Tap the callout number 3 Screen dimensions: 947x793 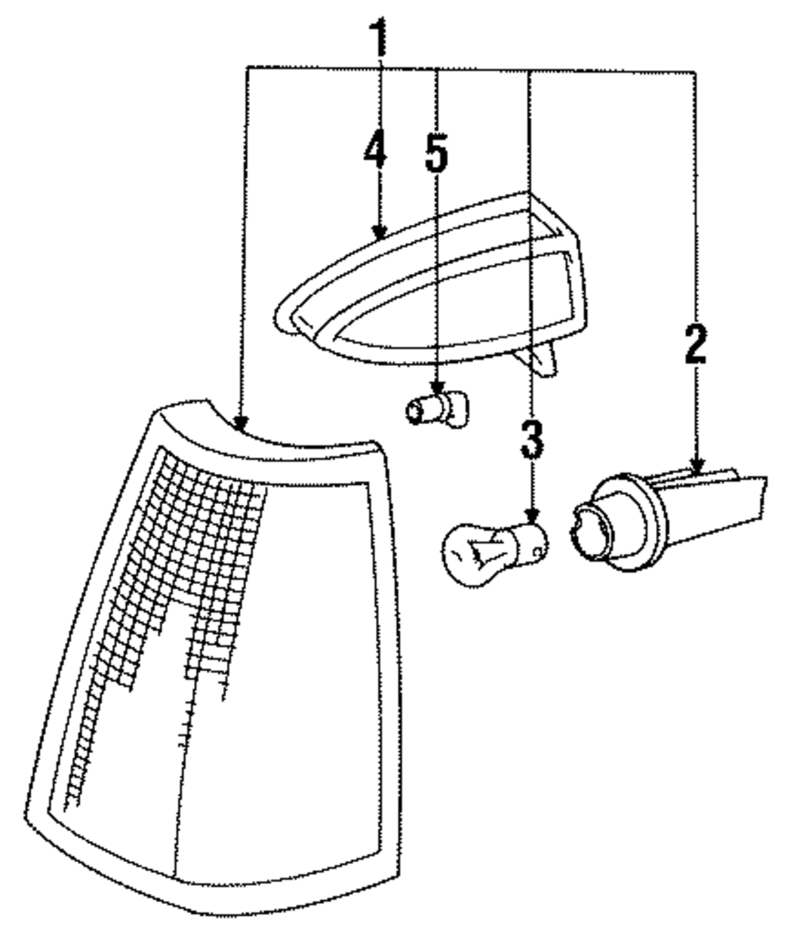532,440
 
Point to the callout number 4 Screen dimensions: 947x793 376,148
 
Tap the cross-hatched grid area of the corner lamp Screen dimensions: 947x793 182,571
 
